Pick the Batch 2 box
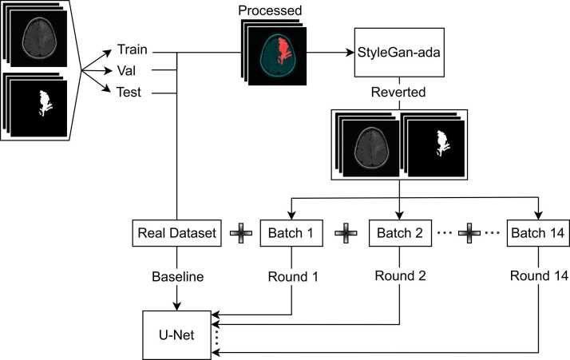398,234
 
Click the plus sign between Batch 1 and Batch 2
344,234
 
